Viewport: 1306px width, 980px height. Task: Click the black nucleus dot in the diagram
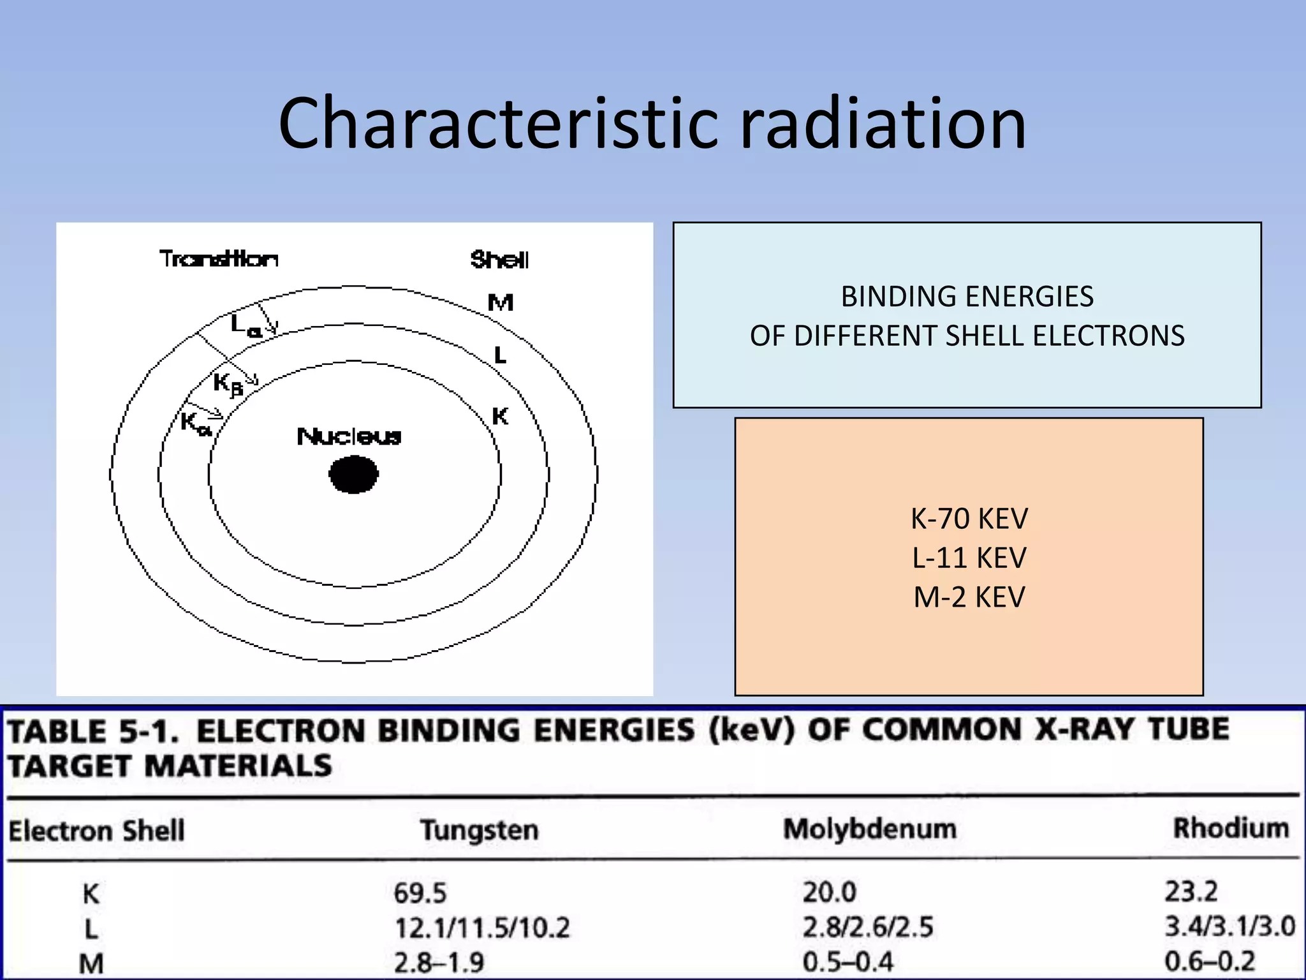353,474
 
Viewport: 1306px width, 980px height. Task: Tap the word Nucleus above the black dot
349,436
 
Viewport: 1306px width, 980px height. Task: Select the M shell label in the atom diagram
501,302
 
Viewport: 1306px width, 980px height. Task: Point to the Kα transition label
195,423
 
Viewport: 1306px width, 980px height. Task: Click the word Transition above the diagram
219,259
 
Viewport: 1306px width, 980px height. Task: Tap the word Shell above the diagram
499,260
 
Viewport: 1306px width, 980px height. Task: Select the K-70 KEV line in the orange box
969,519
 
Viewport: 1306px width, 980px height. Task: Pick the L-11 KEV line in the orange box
969,558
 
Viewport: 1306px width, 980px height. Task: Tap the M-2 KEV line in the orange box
969,597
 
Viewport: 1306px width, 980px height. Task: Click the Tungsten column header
479,830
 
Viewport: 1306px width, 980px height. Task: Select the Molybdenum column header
870,829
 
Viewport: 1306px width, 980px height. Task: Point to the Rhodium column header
1231,828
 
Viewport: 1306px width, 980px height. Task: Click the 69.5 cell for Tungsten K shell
420,893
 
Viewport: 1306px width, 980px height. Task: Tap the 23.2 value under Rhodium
1191,891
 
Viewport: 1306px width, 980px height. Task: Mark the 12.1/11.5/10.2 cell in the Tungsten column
482,928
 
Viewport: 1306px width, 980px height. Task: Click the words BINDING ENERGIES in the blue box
967,297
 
